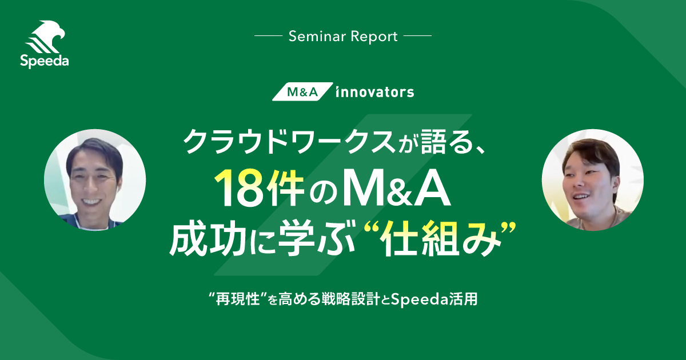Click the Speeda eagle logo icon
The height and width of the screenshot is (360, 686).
[x=46, y=37]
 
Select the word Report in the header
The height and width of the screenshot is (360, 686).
[x=374, y=37]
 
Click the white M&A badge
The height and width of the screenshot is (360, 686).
[x=302, y=91]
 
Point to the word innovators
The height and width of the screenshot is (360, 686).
[x=375, y=92]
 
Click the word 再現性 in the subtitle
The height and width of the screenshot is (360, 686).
[x=238, y=299]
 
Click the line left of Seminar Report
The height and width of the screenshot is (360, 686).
[x=268, y=36]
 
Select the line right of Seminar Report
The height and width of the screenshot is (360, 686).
[x=418, y=36]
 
